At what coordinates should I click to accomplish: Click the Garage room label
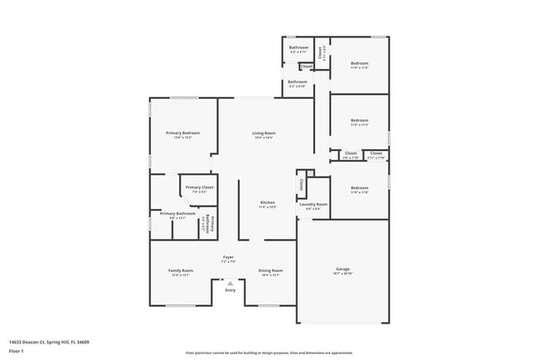342,270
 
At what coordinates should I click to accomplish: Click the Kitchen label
267,202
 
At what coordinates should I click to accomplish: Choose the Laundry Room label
313,204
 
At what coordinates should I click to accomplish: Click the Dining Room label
271,270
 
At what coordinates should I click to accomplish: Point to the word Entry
230,289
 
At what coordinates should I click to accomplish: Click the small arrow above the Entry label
230,282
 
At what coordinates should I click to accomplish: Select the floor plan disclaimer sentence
269,353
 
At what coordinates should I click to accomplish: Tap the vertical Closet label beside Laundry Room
301,185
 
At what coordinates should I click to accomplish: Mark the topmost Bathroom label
299,48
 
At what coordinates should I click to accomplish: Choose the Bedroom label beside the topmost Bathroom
359,63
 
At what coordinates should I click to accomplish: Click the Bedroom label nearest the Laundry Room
359,187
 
